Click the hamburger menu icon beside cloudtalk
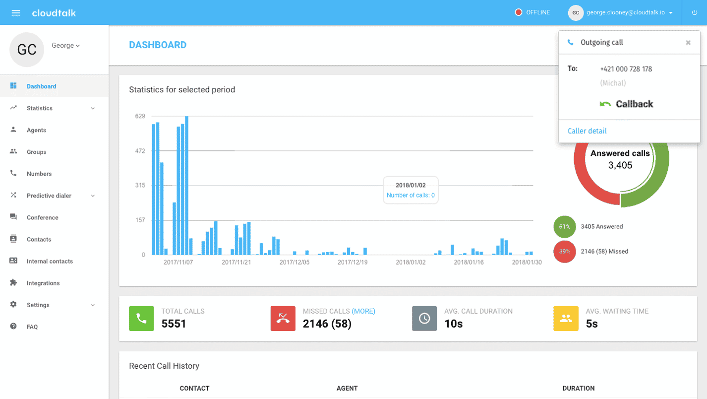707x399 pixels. (16, 13)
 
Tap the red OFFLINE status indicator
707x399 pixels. (519, 12)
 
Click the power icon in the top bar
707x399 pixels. (694, 13)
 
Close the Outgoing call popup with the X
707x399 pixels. (688, 43)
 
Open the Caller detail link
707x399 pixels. (587, 131)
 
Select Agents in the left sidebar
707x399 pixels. (36, 130)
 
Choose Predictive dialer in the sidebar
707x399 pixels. (49, 196)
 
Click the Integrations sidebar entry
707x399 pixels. (43, 283)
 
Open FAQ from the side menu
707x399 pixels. (32, 327)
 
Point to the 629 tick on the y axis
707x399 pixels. (140, 116)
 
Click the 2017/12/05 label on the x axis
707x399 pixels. (295, 262)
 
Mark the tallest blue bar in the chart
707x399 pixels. (186, 186)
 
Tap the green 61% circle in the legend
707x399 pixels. (565, 226)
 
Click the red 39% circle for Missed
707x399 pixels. (565, 252)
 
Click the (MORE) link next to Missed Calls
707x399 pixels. (363, 311)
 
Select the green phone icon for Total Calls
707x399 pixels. (141, 319)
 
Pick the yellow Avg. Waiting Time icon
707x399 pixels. (566, 319)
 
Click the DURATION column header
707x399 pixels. (578, 388)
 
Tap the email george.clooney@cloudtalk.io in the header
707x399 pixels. (625, 12)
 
